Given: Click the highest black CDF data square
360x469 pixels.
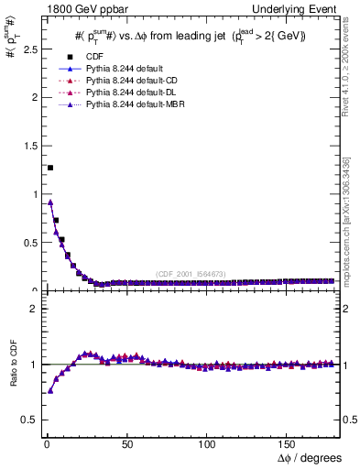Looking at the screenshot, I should (50, 168).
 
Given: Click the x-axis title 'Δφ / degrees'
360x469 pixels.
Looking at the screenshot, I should (309, 458).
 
